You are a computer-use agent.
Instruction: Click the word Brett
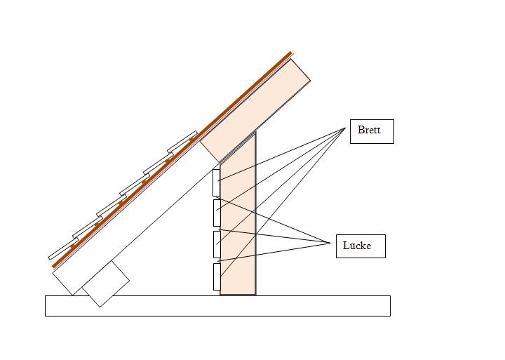(369, 130)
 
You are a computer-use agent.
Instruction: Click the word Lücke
(357, 246)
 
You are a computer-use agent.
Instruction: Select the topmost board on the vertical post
(217, 182)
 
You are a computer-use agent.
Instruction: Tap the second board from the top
(217, 213)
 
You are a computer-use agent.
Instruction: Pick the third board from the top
(217, 244)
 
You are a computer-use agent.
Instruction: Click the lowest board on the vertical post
(217, 276)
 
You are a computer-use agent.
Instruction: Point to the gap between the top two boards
(217, 198)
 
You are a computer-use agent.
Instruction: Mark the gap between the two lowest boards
(217, 261)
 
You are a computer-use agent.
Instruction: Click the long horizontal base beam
(217, 306)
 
